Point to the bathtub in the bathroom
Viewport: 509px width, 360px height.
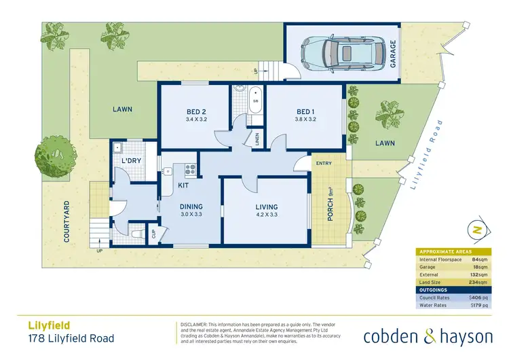257,99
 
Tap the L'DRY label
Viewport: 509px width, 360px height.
131,160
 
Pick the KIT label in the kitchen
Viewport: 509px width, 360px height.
183,184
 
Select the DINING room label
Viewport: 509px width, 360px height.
191,207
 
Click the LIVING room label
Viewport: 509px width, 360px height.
267,207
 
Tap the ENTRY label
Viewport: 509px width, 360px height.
322,163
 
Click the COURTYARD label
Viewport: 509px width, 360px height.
67,221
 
